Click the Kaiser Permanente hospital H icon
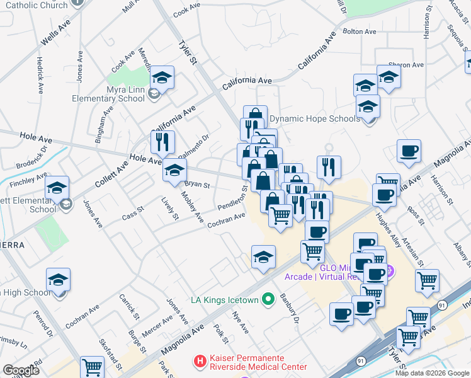click(200, 362)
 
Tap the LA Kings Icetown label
click(225, 300)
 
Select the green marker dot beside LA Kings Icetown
click(268, 299)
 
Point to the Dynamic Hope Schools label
click(315, 118)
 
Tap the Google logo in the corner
click(21, 370)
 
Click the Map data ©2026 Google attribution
click(432, 373)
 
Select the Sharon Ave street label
click(406, 65)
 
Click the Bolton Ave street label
click(359, 31)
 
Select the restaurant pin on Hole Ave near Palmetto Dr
click(162, 142)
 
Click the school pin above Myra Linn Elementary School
click(162, 78)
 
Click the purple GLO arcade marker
click(389, 272)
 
